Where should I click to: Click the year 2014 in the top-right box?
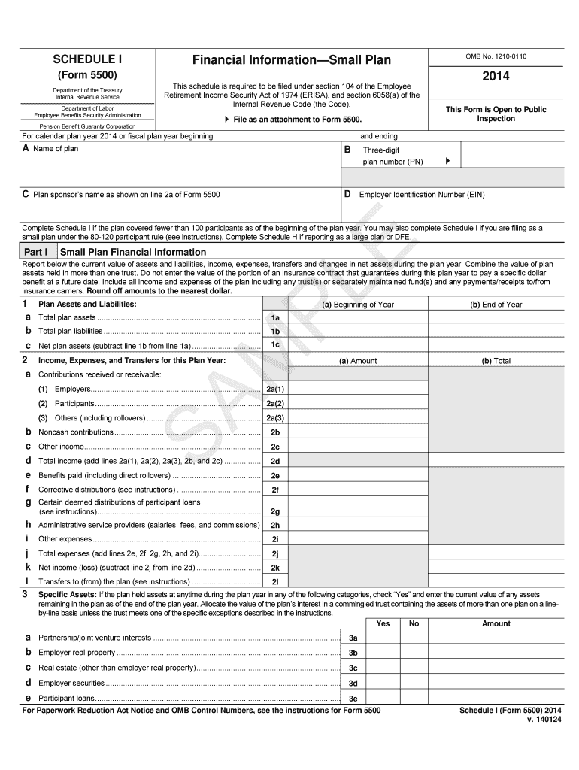(496, 76)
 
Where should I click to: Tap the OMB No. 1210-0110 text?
(496, 56)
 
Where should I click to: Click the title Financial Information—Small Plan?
(291, 59)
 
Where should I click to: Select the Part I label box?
(36, 252)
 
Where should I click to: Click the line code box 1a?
(275, 317)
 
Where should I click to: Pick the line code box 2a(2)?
(275, 403)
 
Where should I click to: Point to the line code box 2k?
(275, 568)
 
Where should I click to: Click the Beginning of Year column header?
(358, 305)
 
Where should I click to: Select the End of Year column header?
(496, 305)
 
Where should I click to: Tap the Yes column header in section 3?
(383, 623)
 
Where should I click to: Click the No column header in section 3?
(414, 623)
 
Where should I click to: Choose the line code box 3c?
(353, 668)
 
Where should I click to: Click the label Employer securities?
(71, 683)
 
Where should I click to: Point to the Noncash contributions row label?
(75, 432)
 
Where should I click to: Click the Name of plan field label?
(55, 149)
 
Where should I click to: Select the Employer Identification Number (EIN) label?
(422, 195)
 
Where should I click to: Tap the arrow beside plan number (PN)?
(447, 161)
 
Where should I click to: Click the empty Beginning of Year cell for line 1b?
(358, 331)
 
